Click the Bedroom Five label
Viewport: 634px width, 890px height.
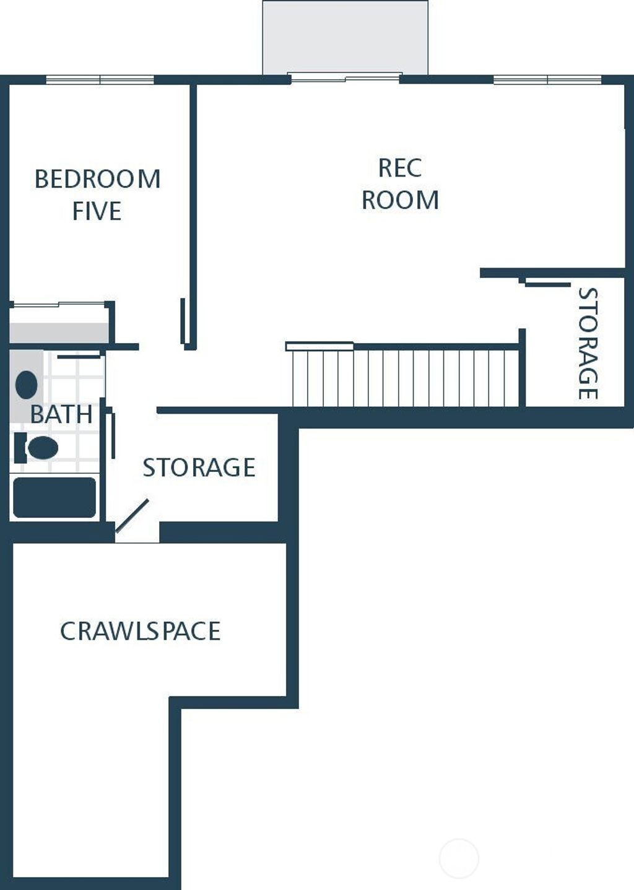(97, 194)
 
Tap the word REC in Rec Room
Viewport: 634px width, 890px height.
(400, 168)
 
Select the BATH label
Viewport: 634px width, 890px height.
(61, 414)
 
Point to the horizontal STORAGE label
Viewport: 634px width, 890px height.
(199, 468)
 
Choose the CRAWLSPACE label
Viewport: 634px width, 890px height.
(140, 631)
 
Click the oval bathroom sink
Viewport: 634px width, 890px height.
(26, 385)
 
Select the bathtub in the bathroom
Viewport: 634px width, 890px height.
(54, 497)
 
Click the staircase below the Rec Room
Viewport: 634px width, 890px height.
(406, 377)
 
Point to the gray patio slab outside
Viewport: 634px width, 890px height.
(345, 37)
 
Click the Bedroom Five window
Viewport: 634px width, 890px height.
(100, 80)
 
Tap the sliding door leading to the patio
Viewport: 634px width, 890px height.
(345, 78)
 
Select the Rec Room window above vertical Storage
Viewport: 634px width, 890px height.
(547, 80)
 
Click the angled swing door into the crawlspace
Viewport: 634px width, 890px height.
(132, 515)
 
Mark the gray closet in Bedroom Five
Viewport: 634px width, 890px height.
(59, 332)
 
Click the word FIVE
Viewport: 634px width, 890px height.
(97, 211)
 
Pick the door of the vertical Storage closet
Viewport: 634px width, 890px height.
(547, 284)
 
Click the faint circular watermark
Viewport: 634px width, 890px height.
(459, 858)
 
